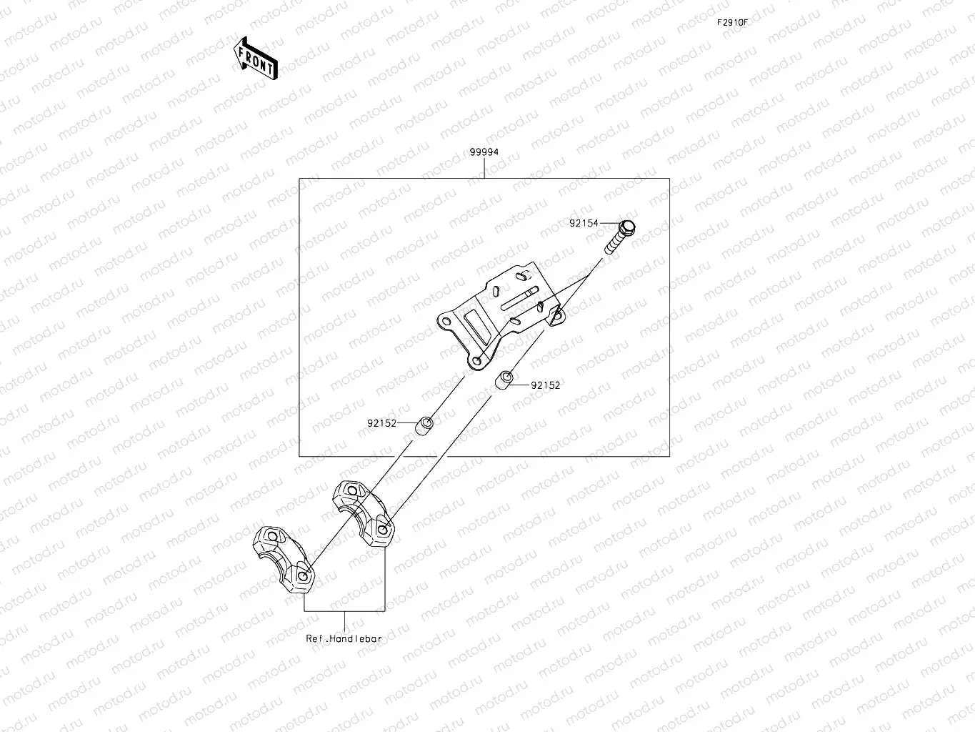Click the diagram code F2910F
733,22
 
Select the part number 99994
484,152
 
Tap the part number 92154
584,223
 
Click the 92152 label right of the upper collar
545,385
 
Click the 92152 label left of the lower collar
381,423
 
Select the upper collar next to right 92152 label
504,380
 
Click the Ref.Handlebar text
344,638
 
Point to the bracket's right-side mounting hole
557,313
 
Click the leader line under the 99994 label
484,168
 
